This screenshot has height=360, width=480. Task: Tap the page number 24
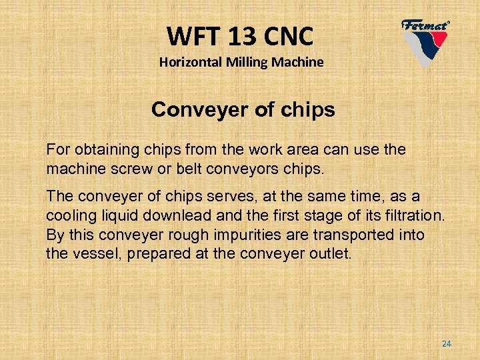pyautogui.click(x=447, y=343)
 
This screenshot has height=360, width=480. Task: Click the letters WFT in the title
pyautogui.click(x=189, y=34)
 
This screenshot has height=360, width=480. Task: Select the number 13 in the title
pyautogui.click(x=237, y=34)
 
